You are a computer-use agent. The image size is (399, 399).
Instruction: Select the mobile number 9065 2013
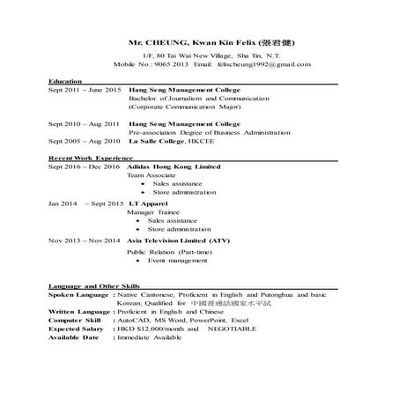click(169, 64)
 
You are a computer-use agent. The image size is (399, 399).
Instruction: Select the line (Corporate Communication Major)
click(180, 110)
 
